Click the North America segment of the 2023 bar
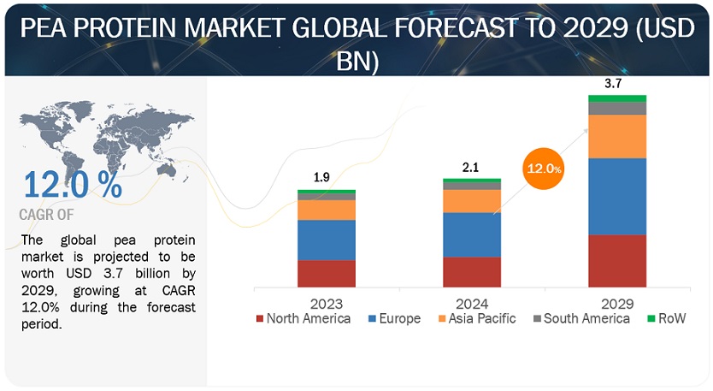click(327, 273)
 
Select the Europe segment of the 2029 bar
click(617, 196)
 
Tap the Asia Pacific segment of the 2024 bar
click(472, 200)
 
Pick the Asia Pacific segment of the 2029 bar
click(617, 136)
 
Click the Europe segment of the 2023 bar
click(327, 240)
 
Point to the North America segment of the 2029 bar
click(617, 260)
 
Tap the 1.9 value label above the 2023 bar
click(322, 178)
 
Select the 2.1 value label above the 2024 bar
click(471, 167)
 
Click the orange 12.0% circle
click(543, 169)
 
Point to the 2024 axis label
click(472, 303)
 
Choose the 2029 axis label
click(616, 303)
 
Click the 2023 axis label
click(327, 303)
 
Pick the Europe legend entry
click(393, 319)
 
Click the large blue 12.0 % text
click(72, 185)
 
